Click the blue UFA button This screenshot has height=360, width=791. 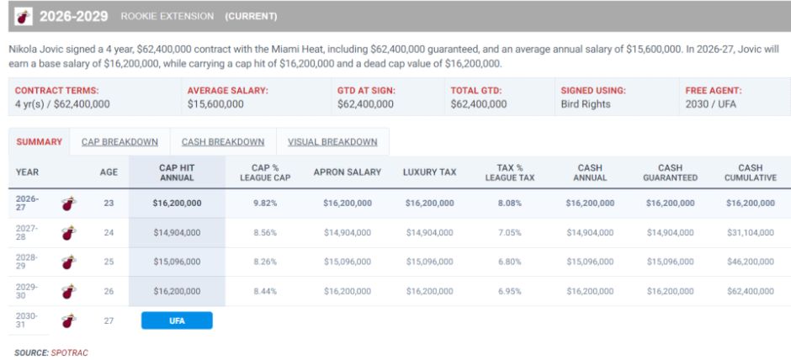point(177,320)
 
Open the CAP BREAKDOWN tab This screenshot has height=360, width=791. point(119,142)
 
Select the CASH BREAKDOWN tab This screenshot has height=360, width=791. point(223,142)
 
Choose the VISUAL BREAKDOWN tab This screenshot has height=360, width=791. point(332,142)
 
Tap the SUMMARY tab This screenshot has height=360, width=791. point(40,142)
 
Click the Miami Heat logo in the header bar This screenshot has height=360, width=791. point(24,17)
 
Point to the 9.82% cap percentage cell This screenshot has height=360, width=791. point(265,204)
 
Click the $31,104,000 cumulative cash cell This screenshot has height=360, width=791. point(750,232)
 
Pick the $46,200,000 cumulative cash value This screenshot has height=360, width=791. point(750,262)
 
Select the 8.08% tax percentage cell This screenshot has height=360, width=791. point(509,204)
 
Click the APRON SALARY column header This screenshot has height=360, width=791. point(347,172)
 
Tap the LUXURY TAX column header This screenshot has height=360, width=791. point(429,172)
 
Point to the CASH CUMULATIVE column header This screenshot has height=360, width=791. point(750,172)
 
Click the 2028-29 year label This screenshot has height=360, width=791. point(27,262)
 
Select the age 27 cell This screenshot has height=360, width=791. point(109,320)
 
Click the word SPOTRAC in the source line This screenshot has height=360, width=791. point(69,353)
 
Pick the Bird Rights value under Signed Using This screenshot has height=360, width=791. point(585,104)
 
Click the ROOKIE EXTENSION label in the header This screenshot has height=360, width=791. point(167,17)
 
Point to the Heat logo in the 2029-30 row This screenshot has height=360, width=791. point(69,291)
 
